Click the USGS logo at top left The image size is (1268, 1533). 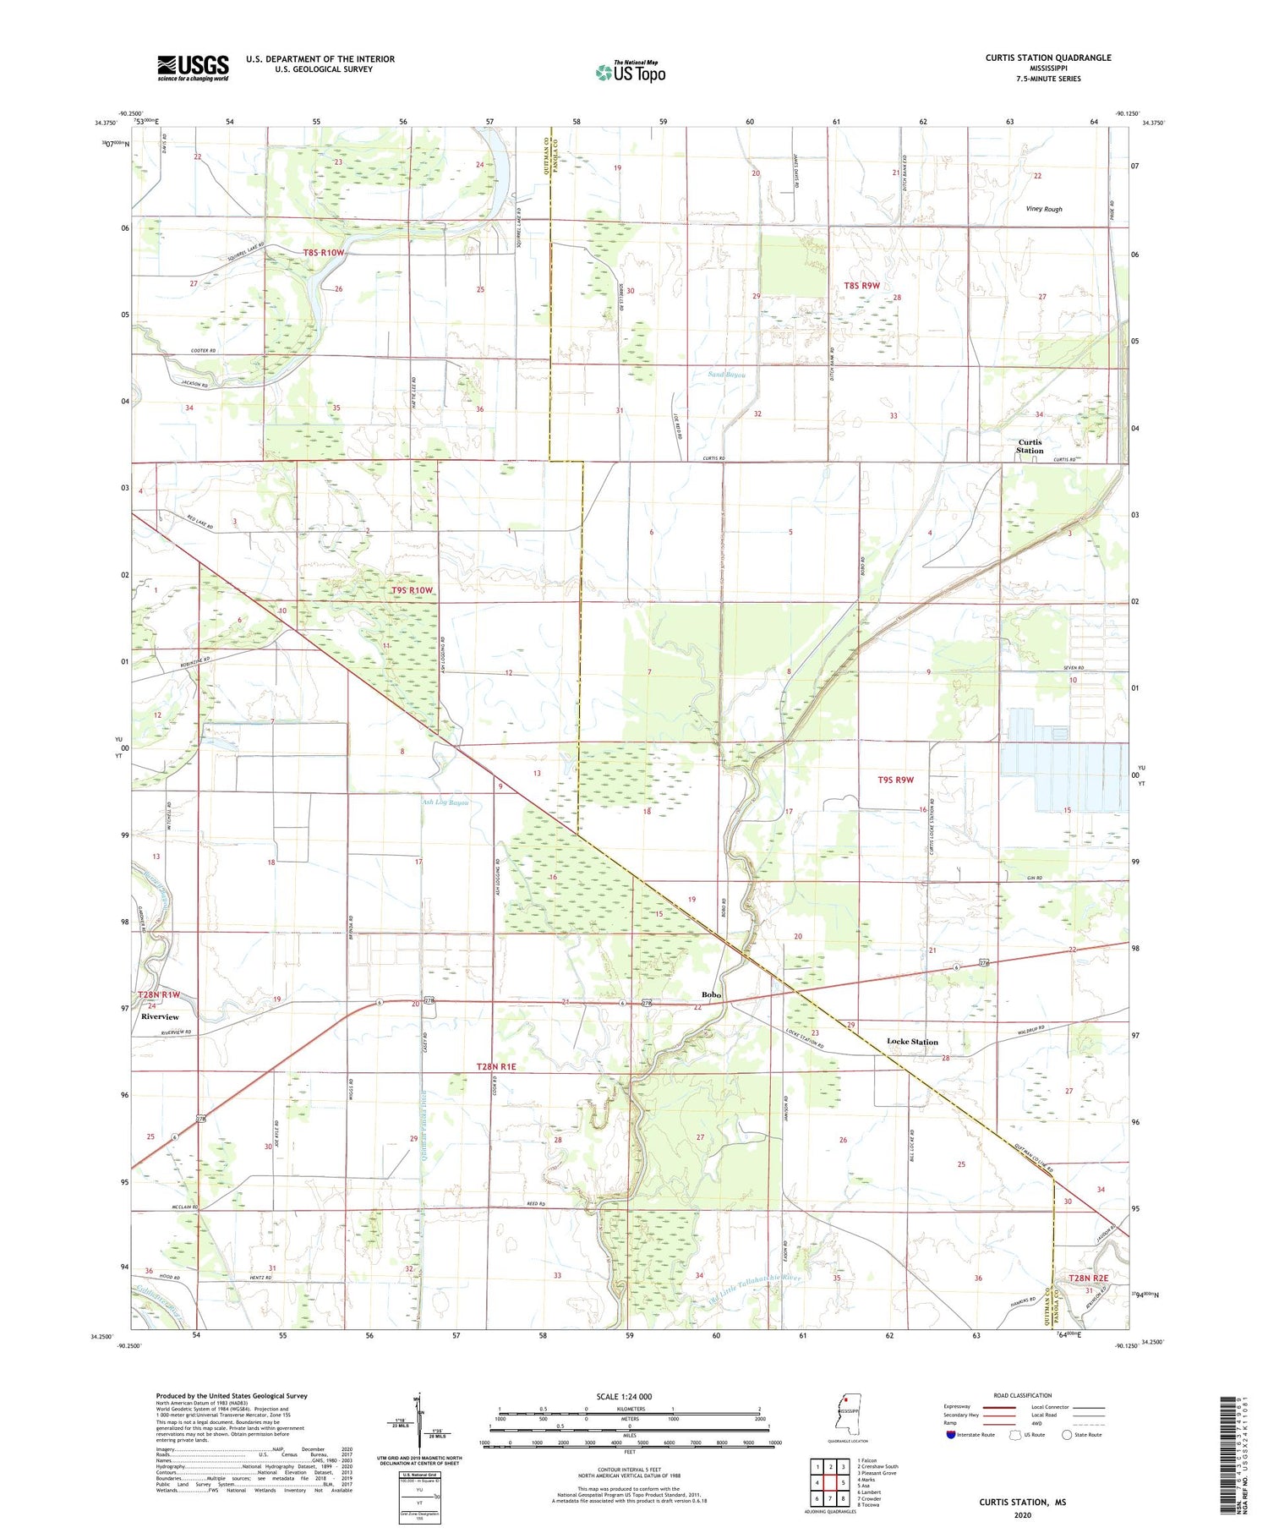pyautogui.click(x=193, y=68)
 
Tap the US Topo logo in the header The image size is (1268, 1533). pyautogui.click(x=631, y=73)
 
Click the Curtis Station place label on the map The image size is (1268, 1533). pyautogui.click(x=1030, y=446)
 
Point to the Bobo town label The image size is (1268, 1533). pyautogui.click(x=711, y=995)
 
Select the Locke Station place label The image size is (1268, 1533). pyautogui.click(x=912, y=1042)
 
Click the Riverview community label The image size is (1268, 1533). pyautogui.click(x=160, y=1016)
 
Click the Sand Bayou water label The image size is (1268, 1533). pyautogui.click(x=726, y=374)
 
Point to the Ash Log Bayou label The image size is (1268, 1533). pyautogui.click(x=445, y=802)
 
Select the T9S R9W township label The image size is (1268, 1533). pyautogui.click(x=895, y=780)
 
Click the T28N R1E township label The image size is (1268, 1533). pyautogui.click(x=495, y=1067)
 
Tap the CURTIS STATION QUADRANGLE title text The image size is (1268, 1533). pyautogui.click(x=1047, y=57)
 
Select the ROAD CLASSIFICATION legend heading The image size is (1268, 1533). pyautogui.click(x=1023, y=1395)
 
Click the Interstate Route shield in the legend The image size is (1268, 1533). pyautogui.click(x=951, y=1435)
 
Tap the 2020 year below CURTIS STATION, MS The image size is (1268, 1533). pyautogui.click(x=1023, y=1514)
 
